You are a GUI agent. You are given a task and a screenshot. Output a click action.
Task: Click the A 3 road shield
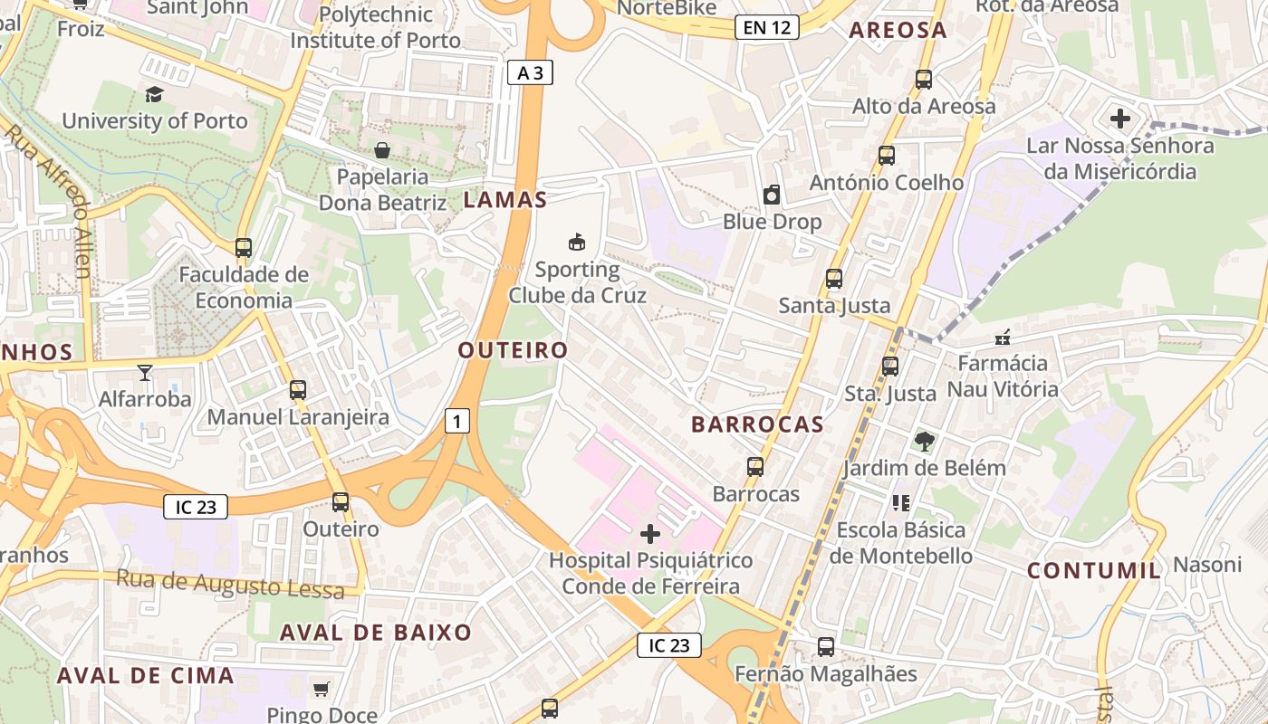click(530, 72)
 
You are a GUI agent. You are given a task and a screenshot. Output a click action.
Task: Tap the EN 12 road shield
click(767, 27)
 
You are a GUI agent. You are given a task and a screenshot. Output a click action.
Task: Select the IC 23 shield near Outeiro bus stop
click(195, 507)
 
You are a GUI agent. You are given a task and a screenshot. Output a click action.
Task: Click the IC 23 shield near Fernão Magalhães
click(669, 645)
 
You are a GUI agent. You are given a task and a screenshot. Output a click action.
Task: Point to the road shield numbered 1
click(457, 421)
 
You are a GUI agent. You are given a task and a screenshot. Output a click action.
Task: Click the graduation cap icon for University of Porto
click(154, 94)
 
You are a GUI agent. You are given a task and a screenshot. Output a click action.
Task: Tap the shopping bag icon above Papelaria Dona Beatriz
click(382, 149)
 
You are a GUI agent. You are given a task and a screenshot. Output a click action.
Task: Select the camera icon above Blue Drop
click(772, 195)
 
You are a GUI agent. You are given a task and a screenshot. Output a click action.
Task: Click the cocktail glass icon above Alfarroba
click(144, 372)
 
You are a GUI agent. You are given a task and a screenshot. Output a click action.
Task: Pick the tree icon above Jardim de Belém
click(924, 442)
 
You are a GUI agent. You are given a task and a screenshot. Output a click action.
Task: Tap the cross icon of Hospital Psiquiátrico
click(650, 534)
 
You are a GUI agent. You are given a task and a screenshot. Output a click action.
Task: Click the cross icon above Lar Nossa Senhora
click(1120, 118)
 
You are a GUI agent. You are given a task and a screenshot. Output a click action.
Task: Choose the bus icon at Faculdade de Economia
click(243, 247)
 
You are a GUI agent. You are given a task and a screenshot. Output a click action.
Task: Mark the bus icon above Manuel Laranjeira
click(298, 390)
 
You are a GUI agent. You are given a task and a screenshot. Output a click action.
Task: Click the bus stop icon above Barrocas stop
click(755, 467)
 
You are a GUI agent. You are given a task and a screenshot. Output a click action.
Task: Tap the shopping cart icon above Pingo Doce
click(321, 690)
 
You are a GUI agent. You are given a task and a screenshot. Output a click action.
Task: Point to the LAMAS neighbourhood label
click(505, 201)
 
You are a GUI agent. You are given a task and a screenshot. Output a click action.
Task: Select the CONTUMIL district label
click(1093, 570)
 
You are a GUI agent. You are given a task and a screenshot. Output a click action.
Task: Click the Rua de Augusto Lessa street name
click(230, 583)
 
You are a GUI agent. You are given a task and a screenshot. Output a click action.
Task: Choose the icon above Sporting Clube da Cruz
click(577, 242)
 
